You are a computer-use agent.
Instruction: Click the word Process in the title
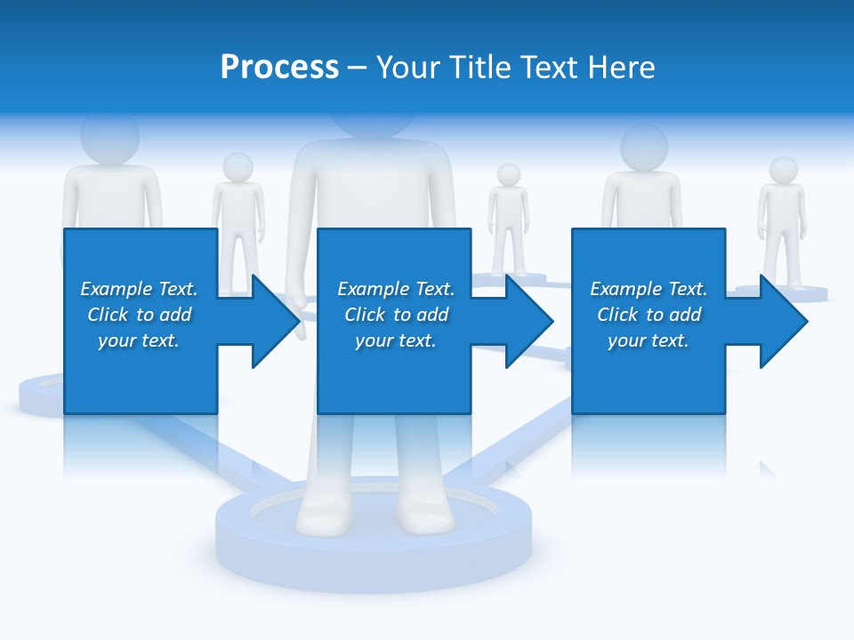click(279, 68)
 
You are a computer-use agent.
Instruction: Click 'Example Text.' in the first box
click(139, 289)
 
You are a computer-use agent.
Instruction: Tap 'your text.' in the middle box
click(395, 340)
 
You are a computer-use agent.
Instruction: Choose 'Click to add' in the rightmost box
click(649, 315)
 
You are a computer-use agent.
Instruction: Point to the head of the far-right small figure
click(783, 170)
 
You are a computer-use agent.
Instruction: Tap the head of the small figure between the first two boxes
click(238, 166)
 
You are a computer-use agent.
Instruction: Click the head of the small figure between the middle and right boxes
click(508, 174)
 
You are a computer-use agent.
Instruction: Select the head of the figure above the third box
click(643, 147)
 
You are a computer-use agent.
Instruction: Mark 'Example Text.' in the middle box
click(395, 289)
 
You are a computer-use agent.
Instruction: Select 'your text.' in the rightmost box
click(649, 340)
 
